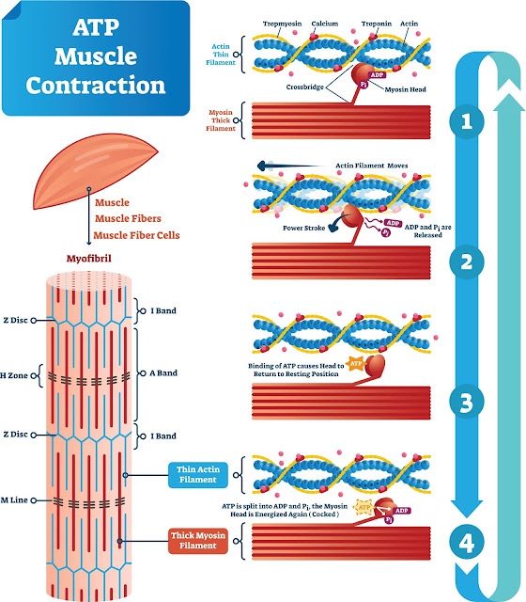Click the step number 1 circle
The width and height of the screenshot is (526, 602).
(467, 121)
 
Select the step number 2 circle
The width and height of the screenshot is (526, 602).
(467, 261)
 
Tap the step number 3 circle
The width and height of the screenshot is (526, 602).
(467, 402)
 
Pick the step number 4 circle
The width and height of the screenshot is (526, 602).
(467, 543)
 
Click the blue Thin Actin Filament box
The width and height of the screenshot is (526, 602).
(198, 474)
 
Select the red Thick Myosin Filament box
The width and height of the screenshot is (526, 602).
(198, 541)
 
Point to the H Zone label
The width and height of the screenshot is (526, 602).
(14, 375)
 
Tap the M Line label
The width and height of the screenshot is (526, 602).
(15, 499)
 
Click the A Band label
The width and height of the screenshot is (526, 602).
(163, 372)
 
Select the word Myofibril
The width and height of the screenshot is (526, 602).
(89, 259)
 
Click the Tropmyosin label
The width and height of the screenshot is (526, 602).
(282, 24)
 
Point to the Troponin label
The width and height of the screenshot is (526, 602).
(377, 24)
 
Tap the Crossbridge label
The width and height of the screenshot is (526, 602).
(304, 87)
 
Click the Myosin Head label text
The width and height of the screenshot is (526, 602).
(405, 89)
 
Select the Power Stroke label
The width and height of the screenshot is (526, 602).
(304, 228)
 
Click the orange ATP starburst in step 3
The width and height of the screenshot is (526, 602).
(356, 363)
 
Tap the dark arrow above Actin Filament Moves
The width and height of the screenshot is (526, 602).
(290, 166)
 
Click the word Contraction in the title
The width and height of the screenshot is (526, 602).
(96, 85)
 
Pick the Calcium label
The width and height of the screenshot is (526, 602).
(325, 24)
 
